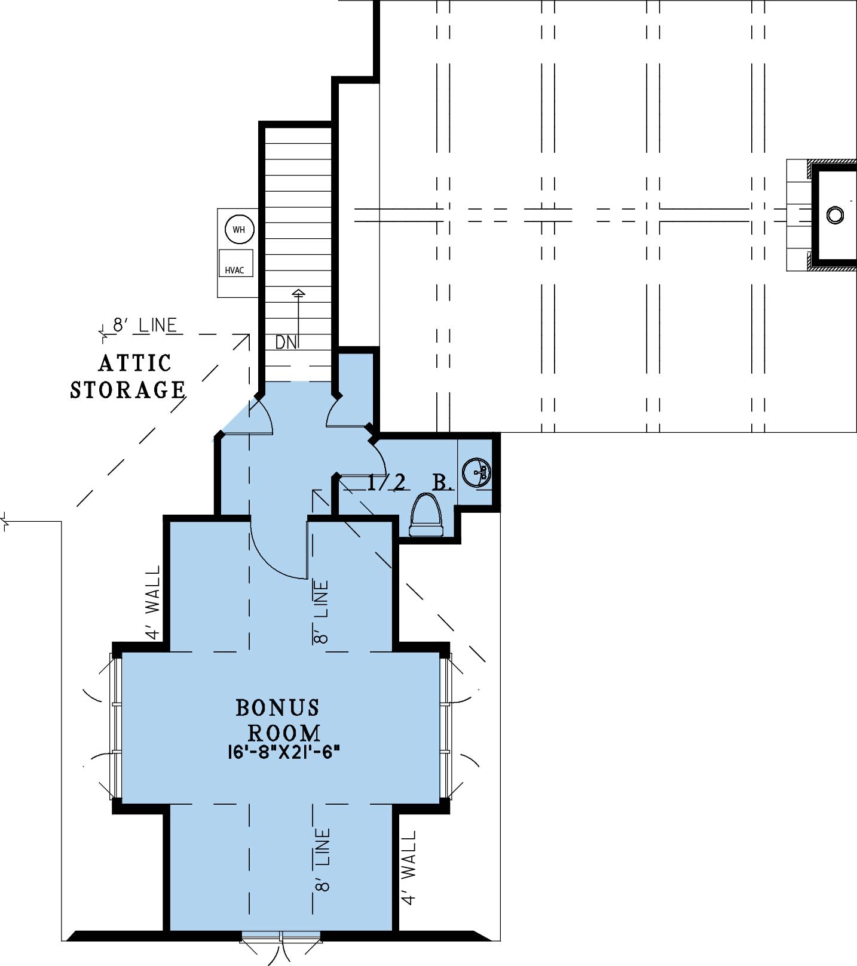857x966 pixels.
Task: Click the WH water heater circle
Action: [239, 229]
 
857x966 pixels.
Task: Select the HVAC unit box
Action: [235, 263]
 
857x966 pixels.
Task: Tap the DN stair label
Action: [286, 343]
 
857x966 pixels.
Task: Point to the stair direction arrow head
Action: [298, 293]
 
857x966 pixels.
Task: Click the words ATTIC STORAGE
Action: [128, 376]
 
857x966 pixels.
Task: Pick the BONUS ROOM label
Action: [278, 720]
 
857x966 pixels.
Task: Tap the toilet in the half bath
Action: [427, 515]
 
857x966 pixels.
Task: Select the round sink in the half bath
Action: [477, 473]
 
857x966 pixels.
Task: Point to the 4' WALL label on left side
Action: [153, 603]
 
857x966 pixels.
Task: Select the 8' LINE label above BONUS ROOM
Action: [321, 613]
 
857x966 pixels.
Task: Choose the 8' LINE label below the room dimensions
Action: [322, 860]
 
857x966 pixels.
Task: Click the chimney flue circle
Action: [835, 214]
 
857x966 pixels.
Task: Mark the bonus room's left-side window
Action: [116, 727]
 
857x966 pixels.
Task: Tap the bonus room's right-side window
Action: [446, 727]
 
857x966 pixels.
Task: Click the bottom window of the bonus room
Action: [281, 936]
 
